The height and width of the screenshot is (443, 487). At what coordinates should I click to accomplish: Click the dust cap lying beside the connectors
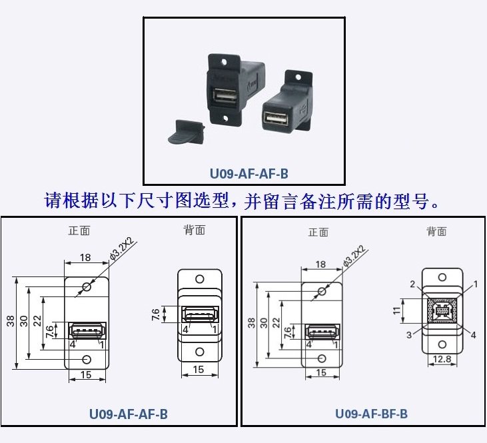(x=183, y=131)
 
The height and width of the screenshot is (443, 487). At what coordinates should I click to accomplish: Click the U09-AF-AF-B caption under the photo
(x=249, y=175)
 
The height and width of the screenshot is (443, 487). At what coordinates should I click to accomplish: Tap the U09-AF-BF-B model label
(x=371, y=414)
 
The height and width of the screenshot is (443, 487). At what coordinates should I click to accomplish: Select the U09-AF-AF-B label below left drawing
(x=129, y=414)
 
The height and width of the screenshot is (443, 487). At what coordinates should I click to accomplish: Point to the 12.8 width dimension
(x=440, y=359)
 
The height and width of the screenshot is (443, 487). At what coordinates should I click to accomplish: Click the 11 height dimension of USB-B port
(x=396, y=310)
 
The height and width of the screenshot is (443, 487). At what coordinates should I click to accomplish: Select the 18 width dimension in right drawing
(x=321, y=265)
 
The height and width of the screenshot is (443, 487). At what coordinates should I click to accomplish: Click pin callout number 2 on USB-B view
(x=412, y=284)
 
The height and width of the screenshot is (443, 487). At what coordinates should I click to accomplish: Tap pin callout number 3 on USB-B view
(x=409, y=335)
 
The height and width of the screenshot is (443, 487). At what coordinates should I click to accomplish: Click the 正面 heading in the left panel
(x=79, y=231)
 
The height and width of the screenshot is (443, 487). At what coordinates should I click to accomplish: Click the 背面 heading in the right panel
(x=436, y=231)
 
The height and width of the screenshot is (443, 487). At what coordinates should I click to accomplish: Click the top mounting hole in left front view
(x=87, y=287)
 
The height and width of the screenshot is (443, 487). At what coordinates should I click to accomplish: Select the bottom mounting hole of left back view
(x=199, y=352)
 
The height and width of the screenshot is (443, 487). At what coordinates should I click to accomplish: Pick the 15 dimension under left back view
(x=199, y=370)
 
